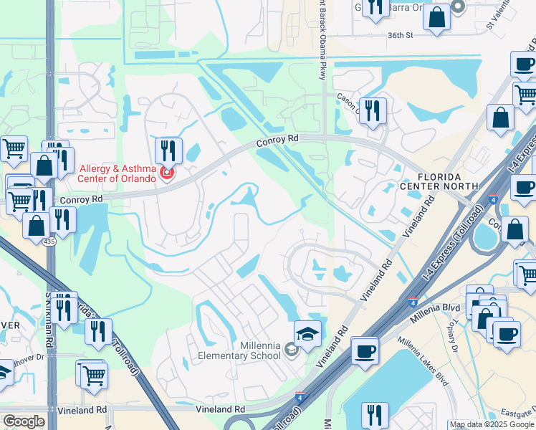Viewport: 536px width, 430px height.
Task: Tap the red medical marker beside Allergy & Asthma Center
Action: tap(167, 173)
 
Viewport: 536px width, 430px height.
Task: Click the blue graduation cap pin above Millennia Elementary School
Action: tap(307, 334)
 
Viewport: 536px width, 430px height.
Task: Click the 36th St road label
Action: tap(402, 34)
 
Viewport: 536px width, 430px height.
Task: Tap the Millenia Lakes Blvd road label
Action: tap(423, 361)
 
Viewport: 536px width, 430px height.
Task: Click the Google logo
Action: tap(24, 421)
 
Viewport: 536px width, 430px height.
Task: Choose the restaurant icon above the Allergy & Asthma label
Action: tap(168, 150)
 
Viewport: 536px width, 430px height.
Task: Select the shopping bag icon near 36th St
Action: tap(436, 16)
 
